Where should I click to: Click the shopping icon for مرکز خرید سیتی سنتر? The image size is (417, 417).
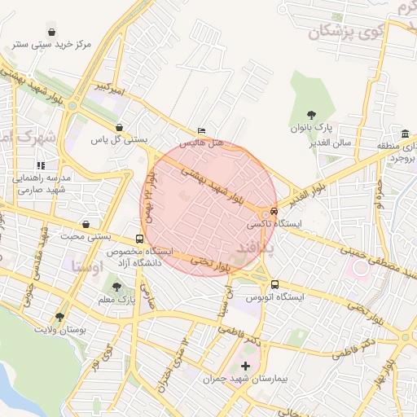point(53,32)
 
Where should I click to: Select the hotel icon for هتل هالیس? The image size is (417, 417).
point(201,130)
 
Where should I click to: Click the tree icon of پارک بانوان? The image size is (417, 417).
point(310,115)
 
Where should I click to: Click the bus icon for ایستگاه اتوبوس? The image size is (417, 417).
point(274,284)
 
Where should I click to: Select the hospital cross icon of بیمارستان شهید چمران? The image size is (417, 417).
point(246,367)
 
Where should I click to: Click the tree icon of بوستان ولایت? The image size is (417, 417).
point(59,317)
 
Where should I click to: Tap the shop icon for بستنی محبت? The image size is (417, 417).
point(86,224)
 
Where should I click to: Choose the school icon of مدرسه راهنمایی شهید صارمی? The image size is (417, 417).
point(40,165)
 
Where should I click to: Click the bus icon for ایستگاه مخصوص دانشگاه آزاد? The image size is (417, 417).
point(140,239)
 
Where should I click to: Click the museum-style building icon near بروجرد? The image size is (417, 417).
point(405,134)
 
